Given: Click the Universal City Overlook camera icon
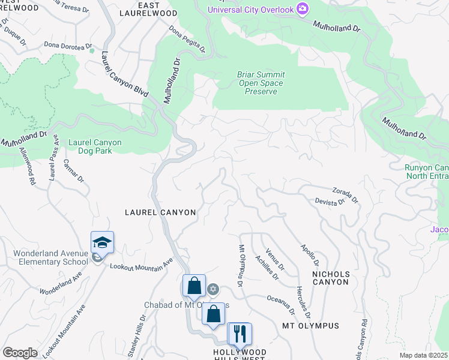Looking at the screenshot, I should point(303,8).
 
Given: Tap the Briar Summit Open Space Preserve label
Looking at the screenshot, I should point(261,83).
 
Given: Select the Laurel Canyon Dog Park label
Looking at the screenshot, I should point(95,146).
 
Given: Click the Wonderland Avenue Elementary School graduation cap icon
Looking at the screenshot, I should point(102,242).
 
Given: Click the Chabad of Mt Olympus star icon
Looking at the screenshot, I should point(212,290).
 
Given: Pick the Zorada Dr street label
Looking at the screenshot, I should point(345,194).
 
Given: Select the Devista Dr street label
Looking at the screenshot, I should point(330,202).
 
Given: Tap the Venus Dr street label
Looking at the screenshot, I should point(274,260).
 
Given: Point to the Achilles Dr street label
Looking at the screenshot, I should point(267,267).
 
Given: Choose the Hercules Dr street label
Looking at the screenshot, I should point(303,302).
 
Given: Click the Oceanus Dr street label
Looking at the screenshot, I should point(281,303).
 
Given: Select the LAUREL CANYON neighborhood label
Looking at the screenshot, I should point(160,212).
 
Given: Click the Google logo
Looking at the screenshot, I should point(20,352).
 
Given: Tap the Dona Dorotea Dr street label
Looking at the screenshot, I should point(67,45).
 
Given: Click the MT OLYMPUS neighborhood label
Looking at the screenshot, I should point(310,326).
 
